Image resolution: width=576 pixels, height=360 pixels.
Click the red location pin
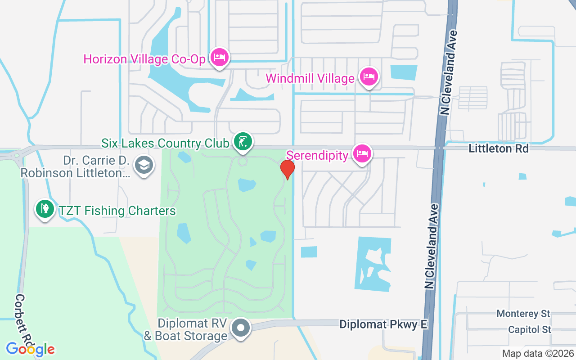[287, 169]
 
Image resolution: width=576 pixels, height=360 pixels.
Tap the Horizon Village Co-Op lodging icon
[220, 58]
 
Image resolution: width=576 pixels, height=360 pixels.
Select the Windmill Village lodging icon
[369, 77]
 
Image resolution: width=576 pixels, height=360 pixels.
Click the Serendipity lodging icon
[362, 154]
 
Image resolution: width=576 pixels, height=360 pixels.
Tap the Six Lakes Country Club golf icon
[243, 142]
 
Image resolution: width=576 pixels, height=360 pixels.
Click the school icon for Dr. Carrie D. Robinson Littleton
[144, 165]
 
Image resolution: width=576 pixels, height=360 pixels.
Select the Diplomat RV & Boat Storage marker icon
[241, 328]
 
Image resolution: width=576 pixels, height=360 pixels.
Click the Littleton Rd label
[499, 148]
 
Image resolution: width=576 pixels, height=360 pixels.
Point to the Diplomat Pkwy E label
[383, 324]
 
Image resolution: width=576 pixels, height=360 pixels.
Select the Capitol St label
[530, 329]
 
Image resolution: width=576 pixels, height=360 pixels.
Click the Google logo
[30, 349]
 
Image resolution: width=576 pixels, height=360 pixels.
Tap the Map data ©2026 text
[538, 353]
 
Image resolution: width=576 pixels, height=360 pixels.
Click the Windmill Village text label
[310, 78]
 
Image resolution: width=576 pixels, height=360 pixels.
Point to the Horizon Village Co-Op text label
[144, 59]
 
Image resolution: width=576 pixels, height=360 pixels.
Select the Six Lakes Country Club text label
[165, 143]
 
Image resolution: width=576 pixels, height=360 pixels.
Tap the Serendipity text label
[317, 155]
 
